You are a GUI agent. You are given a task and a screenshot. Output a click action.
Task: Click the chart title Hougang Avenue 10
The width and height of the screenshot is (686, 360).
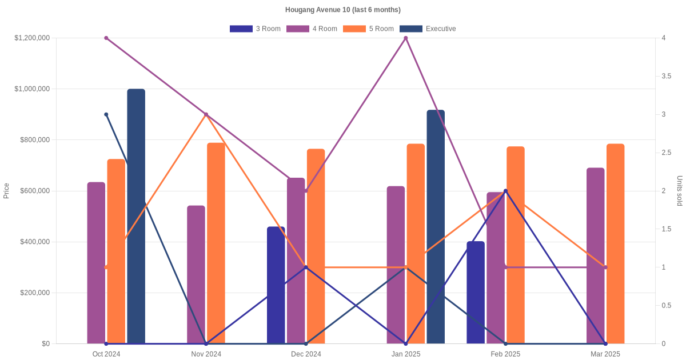click(x=343, y=10)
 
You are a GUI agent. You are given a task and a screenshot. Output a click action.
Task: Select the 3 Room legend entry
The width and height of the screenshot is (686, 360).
click(x=255, y=29)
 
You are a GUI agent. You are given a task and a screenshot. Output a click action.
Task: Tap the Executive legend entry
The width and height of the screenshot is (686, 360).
click(x=428, y=29)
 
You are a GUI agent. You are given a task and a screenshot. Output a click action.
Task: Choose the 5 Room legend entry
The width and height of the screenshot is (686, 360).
click(x=368, y=29)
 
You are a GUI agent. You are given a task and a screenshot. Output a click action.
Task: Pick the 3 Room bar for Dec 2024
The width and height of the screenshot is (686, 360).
click(x=276, y=285)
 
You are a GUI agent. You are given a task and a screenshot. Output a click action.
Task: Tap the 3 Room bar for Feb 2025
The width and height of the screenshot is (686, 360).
click(x=476, y=293)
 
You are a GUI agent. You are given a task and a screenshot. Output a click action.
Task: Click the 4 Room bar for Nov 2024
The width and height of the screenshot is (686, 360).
click(x=196, y=274)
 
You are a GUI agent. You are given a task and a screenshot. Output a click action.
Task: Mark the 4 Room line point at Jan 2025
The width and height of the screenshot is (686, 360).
click(x=406, y=38)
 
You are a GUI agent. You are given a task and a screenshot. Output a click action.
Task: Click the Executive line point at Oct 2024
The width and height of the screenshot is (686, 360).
click(x=106, y=114)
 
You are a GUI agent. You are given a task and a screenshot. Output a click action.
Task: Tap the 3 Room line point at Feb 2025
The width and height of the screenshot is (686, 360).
click(x=505, y=191)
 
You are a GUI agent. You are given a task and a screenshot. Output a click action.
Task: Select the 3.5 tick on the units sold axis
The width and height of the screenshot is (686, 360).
click(x=667, y=76)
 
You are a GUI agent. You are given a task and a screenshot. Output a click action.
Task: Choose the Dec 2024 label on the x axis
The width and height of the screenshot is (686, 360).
click(x=306, y=354)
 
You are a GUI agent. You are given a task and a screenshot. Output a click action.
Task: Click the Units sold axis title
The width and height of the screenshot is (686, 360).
click(x=679, y=191)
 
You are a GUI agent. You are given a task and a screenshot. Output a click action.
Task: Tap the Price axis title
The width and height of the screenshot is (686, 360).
click(x=6, y=191)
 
